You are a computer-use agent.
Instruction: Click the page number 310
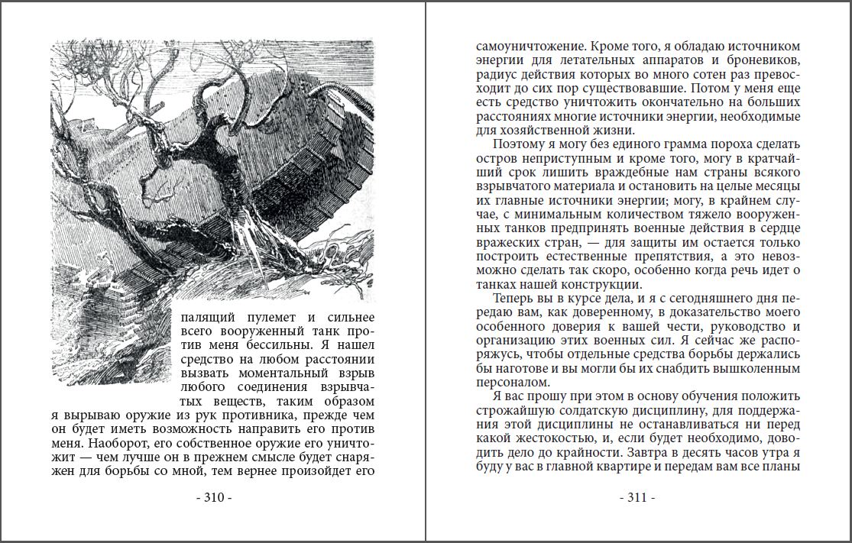[x=214, y=498]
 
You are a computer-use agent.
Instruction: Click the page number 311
[x=637, y=498]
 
